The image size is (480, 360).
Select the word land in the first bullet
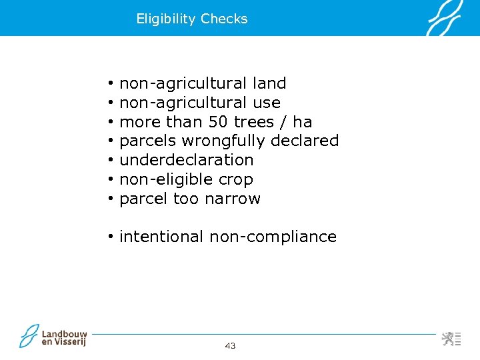[x=269, y=83]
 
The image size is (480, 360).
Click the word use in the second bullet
[x=267, y=103]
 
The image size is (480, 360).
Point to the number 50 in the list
[x=218, y=122]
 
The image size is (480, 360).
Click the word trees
[x=258, y=122]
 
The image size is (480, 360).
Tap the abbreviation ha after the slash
[x=303, y=122]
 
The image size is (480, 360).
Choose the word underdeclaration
[x=186, y=160]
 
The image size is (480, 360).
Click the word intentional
[x=161, y=237]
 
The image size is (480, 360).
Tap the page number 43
[x=231, y=345]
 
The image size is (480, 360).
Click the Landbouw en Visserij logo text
[x=64, y=337]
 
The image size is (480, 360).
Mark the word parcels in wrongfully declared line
[x=148, y=141]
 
